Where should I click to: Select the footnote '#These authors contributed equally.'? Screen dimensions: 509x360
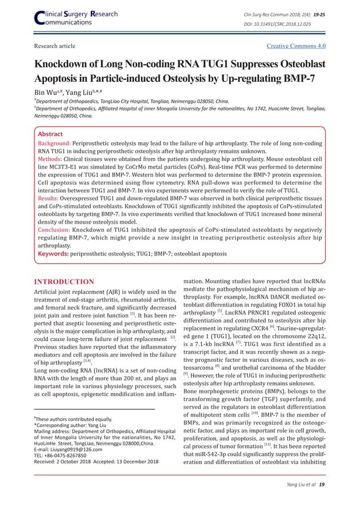coord(74,420)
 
